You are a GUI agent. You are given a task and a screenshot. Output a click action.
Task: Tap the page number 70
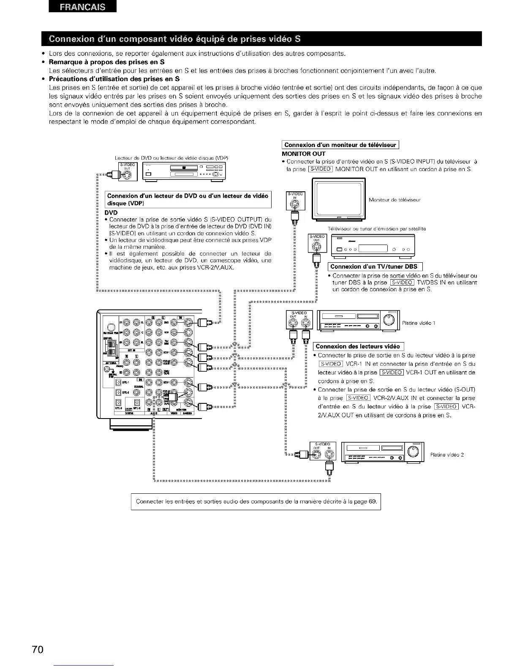pos(37,649)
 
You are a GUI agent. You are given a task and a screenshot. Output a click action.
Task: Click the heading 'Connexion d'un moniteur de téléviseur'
pos(340,145)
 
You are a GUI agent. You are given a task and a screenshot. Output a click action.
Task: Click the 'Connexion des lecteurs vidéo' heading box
pos(358,346)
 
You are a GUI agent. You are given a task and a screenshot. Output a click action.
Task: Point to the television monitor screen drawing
pos(338,198)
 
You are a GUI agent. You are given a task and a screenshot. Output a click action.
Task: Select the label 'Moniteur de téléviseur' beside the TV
pos(395,200)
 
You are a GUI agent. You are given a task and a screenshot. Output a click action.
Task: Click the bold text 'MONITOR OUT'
pos(303,153)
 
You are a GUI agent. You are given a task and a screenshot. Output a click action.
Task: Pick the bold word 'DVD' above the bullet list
pos(111,212)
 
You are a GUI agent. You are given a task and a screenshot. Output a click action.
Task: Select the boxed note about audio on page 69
pos(256,502)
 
